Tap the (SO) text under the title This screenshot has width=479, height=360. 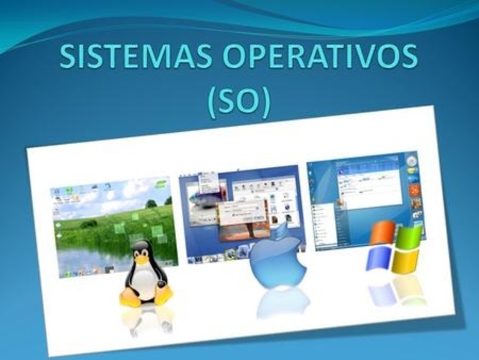[238, 101]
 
